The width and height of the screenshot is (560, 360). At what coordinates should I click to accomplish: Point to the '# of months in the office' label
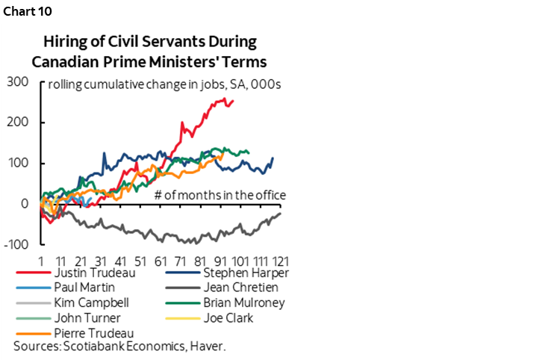tap(220, 196)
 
